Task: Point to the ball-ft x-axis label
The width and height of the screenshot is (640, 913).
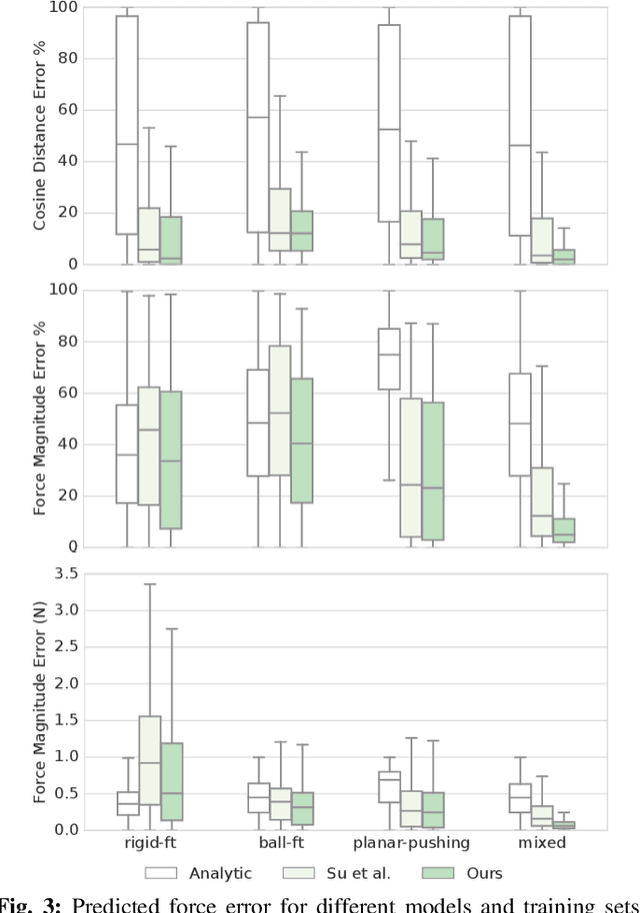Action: tap(279, 843)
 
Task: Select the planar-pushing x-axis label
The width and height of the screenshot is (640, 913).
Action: tap(410, 843)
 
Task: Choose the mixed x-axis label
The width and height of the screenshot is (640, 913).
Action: tap(542, 843)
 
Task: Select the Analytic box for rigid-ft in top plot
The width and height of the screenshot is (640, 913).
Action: tap(127, 125)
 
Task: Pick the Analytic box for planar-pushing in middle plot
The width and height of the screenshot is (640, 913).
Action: tap(389, 359)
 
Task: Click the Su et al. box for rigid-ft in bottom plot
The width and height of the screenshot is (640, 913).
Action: tap(148, 759)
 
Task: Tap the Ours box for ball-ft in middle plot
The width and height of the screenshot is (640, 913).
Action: tap(301, 441)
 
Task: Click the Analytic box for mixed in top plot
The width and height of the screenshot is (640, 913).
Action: tap(520, 126)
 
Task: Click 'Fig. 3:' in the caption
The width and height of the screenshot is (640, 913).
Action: tap(29, 903)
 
